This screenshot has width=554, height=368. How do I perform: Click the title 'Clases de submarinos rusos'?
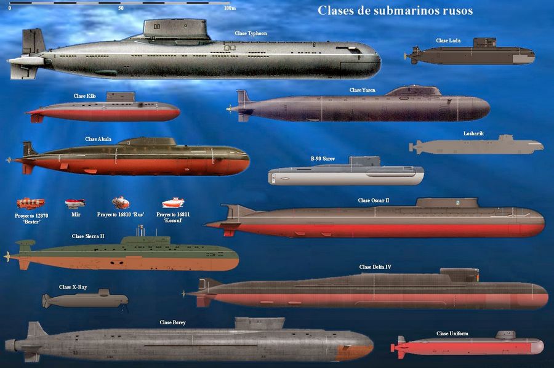[x=395, y=10]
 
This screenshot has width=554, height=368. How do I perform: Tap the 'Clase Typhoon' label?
[x=251, y=33]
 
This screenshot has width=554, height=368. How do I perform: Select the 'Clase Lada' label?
[x=448, y=41]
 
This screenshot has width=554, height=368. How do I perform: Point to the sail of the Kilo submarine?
[x=121, y=97]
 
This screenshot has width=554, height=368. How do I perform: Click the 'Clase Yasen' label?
[x=362, y=90]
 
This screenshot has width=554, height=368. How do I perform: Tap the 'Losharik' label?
[x=473, y=134]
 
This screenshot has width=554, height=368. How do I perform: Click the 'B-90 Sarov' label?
[x=323, y=159]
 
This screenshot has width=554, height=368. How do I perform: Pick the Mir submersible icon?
[x=75, y=204]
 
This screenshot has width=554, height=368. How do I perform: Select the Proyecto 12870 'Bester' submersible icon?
[x=31, y=204]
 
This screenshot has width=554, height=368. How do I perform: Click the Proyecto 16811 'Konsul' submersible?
[x=173, y=203]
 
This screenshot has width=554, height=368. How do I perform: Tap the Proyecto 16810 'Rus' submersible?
[x=121, y=202]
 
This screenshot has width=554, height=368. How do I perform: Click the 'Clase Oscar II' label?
[x=374, y=200]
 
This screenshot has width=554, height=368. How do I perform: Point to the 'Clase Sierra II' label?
[x=88, y=236]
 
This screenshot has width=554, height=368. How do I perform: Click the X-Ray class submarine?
[x=85, y=300]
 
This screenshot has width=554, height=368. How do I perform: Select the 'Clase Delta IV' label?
[x=375, y=267]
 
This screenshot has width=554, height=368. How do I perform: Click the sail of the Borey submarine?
[x=259, y=324]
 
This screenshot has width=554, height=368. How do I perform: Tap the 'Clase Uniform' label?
[x=452, y=334]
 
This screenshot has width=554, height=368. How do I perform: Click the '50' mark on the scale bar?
[x=121, y=8]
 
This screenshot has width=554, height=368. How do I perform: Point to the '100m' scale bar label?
[x=230, y=8]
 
